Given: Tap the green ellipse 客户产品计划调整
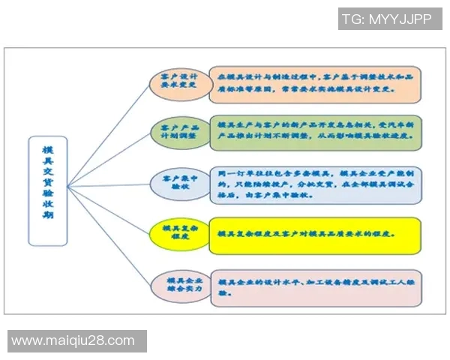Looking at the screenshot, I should point(174,132).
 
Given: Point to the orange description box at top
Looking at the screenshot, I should point(314,84).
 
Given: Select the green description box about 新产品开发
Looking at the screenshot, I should point(314,132).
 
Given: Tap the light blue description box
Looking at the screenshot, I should point(314,183).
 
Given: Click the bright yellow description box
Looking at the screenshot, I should point(314,233).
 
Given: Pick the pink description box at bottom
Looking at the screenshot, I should point(314,287).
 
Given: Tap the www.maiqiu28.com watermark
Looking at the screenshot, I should point(73,341).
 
